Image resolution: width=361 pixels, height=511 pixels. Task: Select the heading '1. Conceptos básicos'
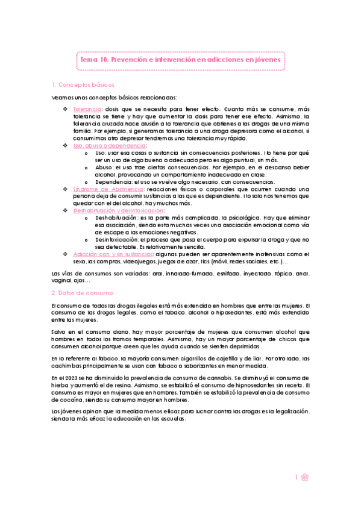(x=83, y=84)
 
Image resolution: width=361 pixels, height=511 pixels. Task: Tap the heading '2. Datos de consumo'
(x=81, y=293)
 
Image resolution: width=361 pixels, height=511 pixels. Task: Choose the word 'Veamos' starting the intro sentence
(x=63, y=97)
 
